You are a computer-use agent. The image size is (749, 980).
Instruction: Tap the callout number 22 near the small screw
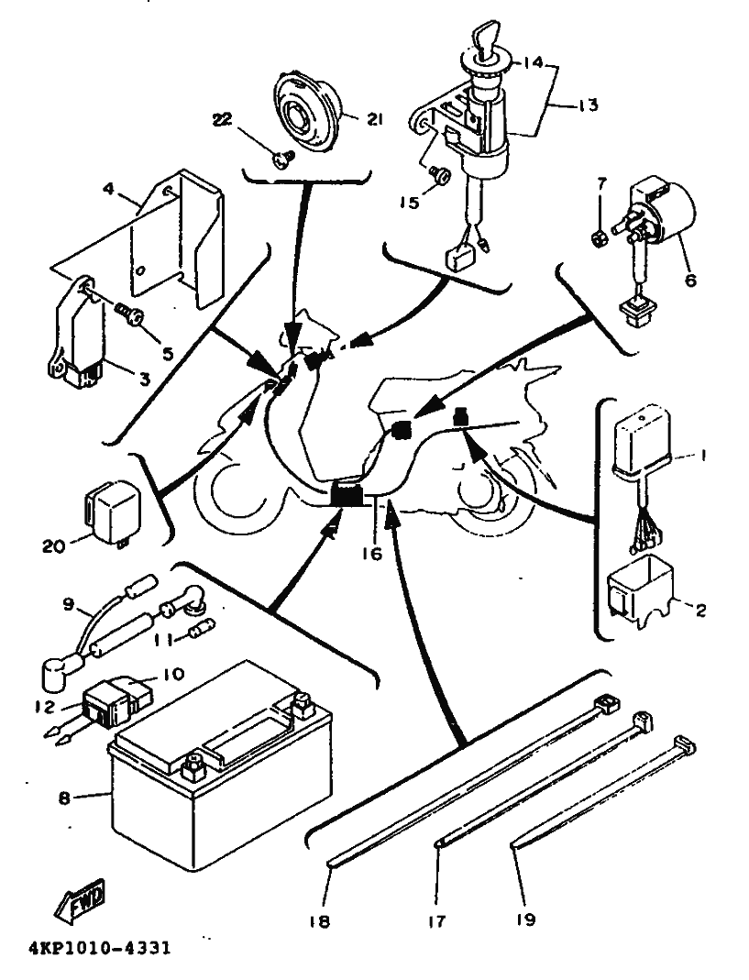click(223, 120)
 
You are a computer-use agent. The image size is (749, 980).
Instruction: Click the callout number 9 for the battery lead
click(67, 605)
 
